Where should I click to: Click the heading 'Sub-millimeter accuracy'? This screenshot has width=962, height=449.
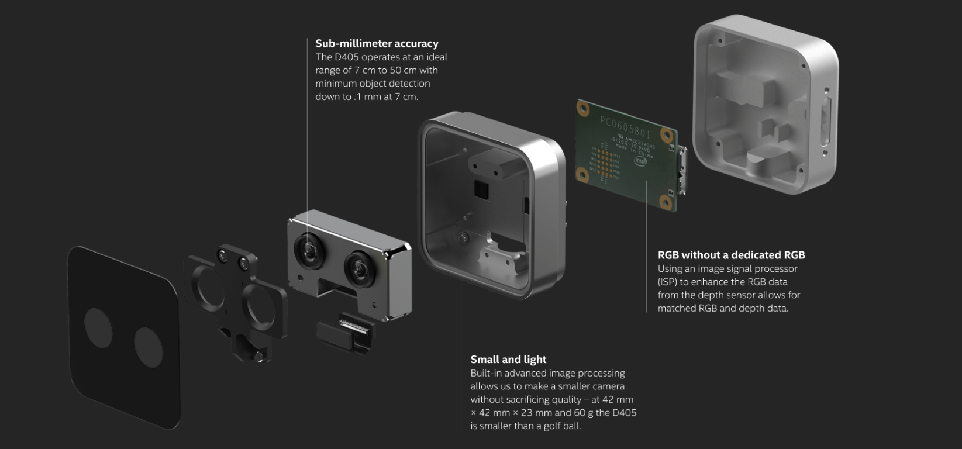point(377,43)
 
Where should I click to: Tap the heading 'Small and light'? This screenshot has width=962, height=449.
point(508,360)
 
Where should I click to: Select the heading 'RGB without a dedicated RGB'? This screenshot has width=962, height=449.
point(731,255)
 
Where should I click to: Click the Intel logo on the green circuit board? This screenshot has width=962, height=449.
point(640,161)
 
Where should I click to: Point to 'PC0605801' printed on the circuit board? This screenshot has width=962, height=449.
point(625,127)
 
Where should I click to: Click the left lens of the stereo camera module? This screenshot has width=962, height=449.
point(308,251)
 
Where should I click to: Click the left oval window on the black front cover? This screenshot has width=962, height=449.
point(98,328)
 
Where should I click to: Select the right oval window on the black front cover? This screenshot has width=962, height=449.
point(148,347)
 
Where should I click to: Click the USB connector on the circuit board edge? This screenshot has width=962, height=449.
point(682,170)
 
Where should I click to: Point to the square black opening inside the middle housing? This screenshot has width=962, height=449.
point(481,189)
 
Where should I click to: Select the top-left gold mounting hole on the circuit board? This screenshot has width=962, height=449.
point(583,109)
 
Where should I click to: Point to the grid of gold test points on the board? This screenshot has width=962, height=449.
point(605,164)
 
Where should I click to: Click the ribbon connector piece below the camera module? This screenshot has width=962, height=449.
point(344,335)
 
